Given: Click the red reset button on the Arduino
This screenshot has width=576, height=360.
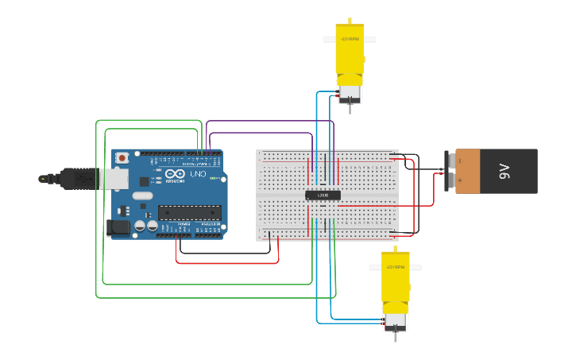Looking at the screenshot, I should (122, 158).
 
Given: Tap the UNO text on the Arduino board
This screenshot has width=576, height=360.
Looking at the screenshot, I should (196, 173).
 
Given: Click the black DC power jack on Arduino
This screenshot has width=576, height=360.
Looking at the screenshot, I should (118, 228).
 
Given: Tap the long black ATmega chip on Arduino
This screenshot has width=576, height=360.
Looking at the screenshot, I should (189, 211).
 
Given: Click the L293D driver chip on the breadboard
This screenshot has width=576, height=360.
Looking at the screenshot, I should (323, 195).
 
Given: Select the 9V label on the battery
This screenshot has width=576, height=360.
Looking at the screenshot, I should (504, 171).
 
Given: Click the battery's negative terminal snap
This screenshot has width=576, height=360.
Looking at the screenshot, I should (450, 161).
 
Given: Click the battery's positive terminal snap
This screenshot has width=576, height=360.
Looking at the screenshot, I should (450, 182).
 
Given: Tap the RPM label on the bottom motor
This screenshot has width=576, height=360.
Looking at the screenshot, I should (395, 268).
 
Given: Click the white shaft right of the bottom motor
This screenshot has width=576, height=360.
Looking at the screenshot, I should (415, 268).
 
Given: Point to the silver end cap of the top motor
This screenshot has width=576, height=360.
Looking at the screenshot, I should (350, 94).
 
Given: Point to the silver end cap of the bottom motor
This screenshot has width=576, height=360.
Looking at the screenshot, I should (395, 321).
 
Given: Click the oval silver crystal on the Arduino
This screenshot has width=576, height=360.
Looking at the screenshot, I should (142, 195).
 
